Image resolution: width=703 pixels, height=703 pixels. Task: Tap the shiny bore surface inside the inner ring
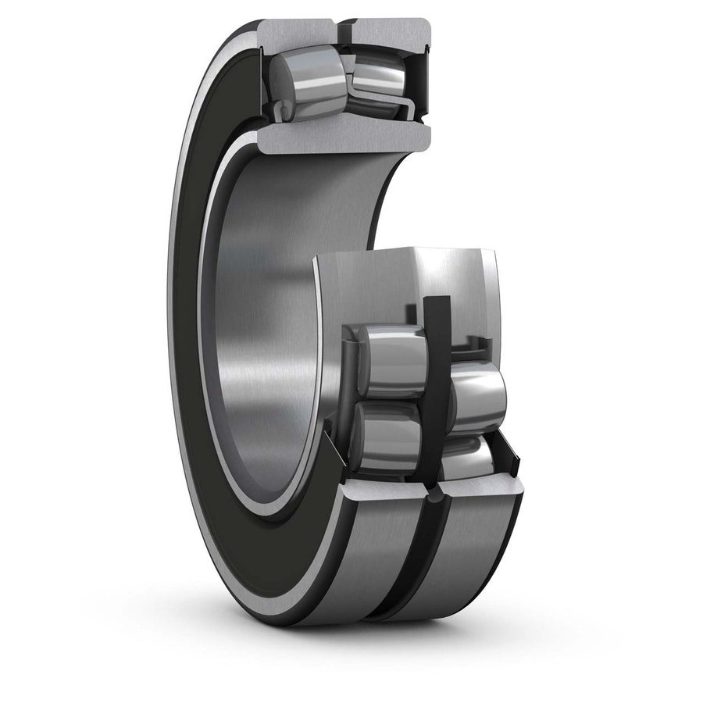pos(266,328)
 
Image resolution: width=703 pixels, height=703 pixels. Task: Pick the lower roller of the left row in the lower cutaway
pos(386,437)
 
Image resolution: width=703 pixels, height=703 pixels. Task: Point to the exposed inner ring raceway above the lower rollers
pos(406,281)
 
